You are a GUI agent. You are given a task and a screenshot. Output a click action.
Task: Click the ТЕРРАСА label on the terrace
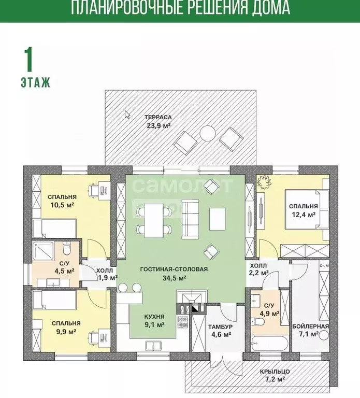(158, 117)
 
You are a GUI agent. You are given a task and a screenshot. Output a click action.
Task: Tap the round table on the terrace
(208, 133)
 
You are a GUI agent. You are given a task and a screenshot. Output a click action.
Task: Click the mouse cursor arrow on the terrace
(127, 115)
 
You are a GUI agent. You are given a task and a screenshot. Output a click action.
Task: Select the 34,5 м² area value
(175, 278)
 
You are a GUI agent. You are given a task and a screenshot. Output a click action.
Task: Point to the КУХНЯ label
(154, 317)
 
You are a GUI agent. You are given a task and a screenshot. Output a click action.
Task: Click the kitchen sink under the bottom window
(153, 346)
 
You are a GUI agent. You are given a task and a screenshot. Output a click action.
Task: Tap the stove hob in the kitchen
(182, 322)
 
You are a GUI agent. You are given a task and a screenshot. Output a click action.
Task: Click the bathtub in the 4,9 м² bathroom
(270, 344)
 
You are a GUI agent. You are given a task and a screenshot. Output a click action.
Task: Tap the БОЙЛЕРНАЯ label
(310, 326)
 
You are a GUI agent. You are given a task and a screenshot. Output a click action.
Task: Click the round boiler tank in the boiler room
(324, 335)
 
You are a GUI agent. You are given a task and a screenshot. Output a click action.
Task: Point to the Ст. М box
(324, 266)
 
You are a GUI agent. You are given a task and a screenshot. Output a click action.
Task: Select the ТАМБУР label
(221, 326)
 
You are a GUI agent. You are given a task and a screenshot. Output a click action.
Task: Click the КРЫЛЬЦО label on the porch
(275, 372)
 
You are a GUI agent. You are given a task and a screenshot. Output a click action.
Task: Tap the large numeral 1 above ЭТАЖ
(28, 60)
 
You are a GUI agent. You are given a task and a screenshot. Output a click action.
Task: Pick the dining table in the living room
(154, 220)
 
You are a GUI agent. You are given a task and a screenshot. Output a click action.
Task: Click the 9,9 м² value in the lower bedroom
(66, 332)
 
